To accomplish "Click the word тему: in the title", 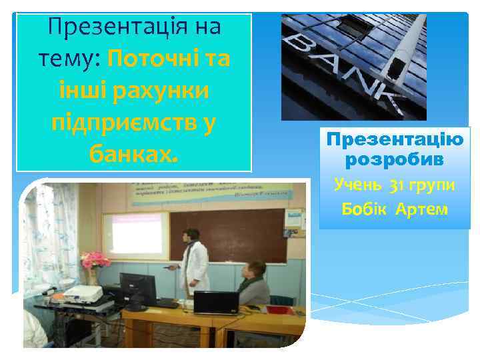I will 67,59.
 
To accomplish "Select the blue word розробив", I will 394,161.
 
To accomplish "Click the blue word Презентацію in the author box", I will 394,141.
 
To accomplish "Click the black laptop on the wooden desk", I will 215,303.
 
